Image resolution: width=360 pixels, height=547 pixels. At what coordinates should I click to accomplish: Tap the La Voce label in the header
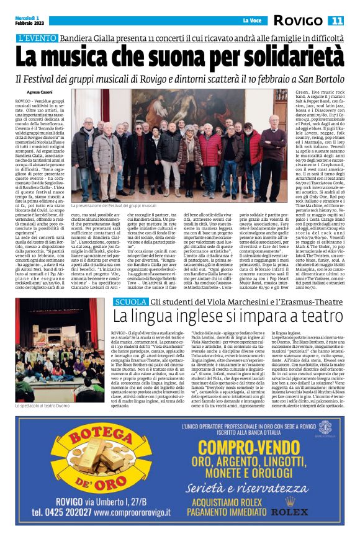251,20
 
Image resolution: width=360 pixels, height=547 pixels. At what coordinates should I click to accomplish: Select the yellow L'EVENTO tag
39,38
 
